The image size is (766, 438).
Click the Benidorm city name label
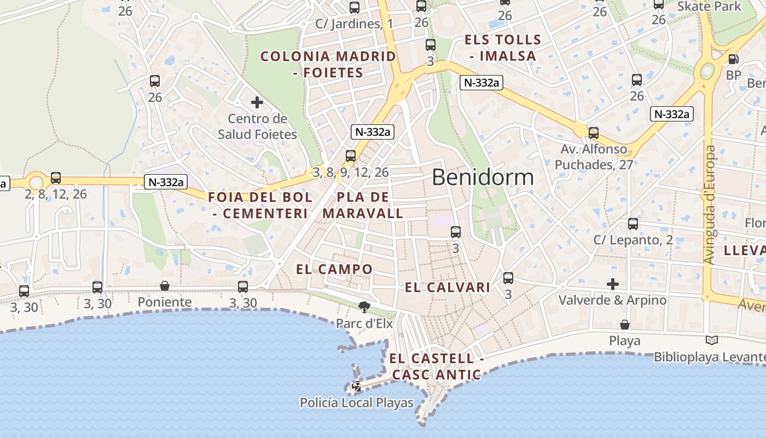483,177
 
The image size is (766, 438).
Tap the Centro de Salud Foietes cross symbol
257,102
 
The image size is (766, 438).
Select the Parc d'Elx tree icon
363,307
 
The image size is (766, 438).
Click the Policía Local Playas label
357,403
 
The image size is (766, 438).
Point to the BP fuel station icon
733,59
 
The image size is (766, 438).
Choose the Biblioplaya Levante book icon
711,341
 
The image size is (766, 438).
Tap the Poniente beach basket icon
165,286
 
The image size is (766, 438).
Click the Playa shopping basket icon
624,325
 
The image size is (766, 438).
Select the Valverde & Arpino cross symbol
613,284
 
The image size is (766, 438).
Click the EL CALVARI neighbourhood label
448,287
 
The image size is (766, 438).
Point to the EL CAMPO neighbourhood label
334,269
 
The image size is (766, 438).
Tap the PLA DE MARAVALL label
363,205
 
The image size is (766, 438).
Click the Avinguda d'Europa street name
710,205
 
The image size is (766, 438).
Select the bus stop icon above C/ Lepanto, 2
633,224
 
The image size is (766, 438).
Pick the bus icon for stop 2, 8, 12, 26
56,178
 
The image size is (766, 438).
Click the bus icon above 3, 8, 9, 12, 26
351,156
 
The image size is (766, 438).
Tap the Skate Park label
709,7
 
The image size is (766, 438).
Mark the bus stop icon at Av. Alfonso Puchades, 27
594,132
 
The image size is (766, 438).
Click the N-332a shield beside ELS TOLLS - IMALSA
481,83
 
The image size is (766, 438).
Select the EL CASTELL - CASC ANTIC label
437,367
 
